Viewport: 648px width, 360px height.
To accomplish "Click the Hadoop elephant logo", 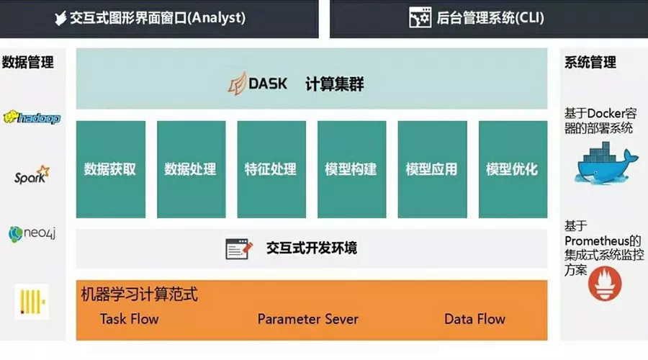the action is pyautogui.click(x=32, y=118).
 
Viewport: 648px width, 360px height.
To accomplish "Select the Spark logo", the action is pyautogui.click(x=32, y=174).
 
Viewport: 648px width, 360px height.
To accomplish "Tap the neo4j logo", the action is pyautogui.click(x=32, y=233).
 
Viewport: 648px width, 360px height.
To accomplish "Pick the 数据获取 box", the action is pyautogui.click(x=110, y=169).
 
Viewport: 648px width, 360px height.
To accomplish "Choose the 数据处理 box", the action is pyautogui.click(x=191, y=169).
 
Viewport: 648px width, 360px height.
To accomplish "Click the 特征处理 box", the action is pyautogui.click(x=271, y=169).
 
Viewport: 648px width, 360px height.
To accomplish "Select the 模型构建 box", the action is pyautogui.click(x=351, y=169).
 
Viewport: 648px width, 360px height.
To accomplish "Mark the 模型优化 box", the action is pyautogui.click(x=512, y=169).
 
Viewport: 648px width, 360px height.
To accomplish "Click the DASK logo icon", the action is pyautogui.click(x=237, y=84).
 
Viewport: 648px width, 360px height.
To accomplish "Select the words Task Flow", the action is pyautogui.click(x=129, y=319).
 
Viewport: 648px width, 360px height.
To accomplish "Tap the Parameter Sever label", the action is pyautogui.click(x=307, y=319).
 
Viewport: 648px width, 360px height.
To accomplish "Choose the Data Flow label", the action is pyautogui.click(x=474, y=319).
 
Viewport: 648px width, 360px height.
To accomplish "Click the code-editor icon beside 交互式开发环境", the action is pyautogui.click(x=239, y=249).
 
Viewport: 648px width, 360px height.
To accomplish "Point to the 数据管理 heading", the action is pyautogui.click(x=29, y=63).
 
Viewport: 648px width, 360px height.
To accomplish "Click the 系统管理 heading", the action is pyautogui.click(x=590, y=63).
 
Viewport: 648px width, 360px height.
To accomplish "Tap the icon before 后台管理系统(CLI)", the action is pyautogui.click(x=420, y=18).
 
